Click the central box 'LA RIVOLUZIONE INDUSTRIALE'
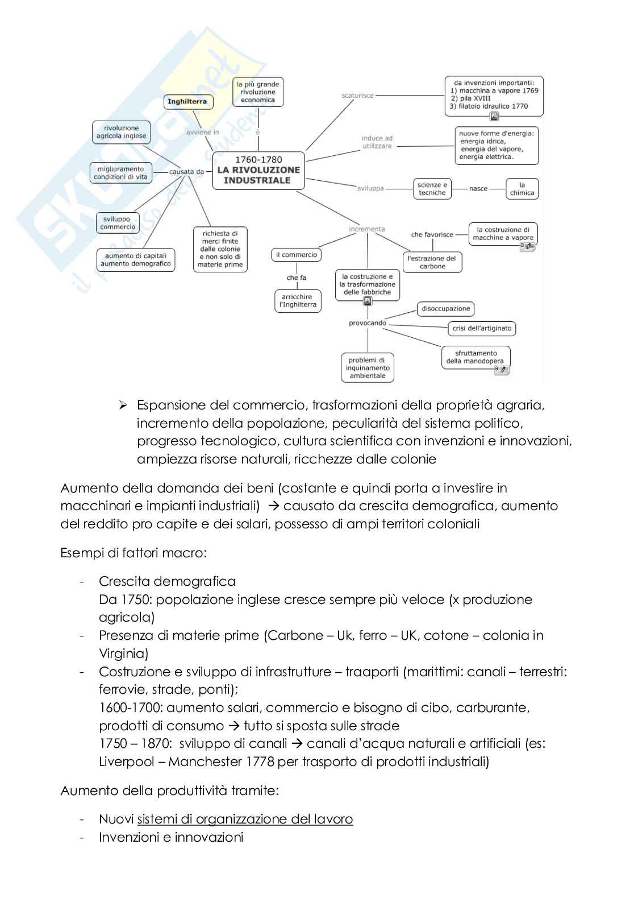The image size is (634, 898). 258,170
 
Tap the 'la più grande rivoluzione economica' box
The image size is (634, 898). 258,92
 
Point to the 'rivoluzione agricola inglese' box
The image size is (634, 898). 121,133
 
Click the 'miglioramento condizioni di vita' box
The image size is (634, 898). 120,173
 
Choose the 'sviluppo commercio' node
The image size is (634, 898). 118,223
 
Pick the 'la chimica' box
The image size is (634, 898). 522,189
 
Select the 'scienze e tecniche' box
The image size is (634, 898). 432,189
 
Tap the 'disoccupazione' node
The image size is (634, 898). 445,309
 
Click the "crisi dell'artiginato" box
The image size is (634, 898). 482,328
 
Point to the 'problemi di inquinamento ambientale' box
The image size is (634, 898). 368,368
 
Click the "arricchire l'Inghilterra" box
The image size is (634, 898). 298,301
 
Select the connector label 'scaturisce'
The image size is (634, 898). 357,96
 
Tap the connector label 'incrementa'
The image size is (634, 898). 367,229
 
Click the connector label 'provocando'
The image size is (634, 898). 368,323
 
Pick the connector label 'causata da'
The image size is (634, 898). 186,172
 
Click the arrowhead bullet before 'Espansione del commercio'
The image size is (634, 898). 122,405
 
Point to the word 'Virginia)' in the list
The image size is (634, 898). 123,653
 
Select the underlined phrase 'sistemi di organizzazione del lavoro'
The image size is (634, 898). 245,819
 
